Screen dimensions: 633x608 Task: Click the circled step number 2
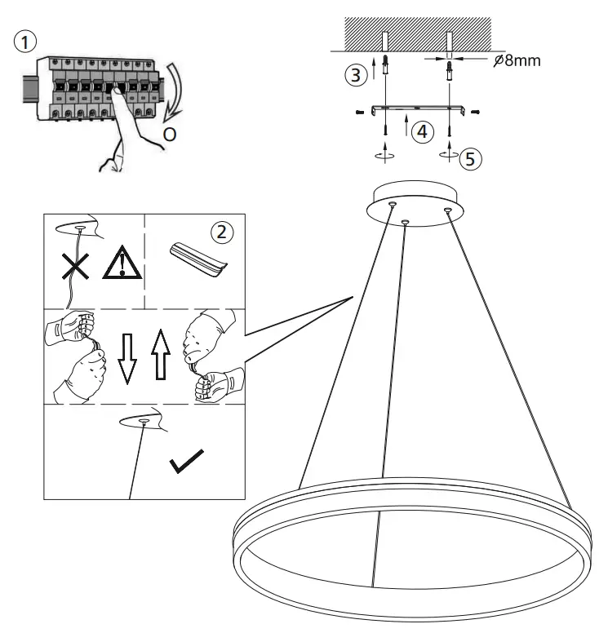tap(221, 232)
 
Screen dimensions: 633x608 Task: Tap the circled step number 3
tap(353, 76)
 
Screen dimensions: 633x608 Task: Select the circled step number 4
tap(421, 131)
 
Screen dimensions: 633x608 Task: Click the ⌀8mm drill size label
tap(517, 61)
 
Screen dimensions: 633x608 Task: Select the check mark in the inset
tap(186, 463)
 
